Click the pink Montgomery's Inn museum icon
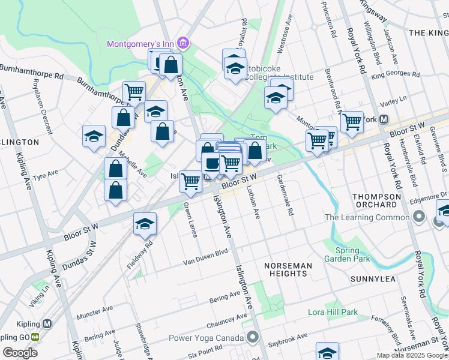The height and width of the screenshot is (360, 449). coord(184,43)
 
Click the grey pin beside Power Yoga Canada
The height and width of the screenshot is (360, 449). coord(255,336)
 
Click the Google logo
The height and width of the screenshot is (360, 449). coord(20,352)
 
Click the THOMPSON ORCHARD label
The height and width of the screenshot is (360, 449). coord(376,200)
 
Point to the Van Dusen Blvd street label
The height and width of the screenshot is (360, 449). coord(206,258)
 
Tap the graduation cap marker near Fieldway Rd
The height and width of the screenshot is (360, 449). coord(145,224)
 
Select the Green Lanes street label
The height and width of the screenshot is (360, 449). coord(191,220)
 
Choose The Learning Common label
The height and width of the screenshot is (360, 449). coord(367,217)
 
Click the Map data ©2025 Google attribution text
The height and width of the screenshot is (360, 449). coord(411,355)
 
